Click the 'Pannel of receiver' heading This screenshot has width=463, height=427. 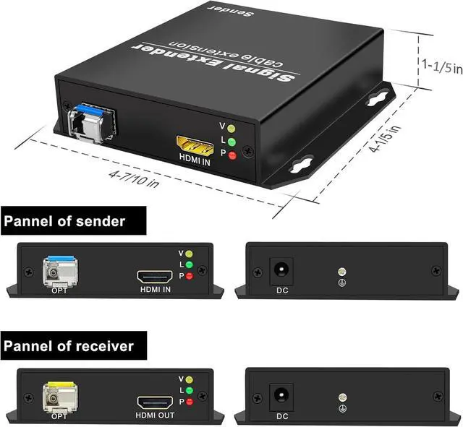tap(69, 346)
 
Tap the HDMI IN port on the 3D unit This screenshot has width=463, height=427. tap(195, 145)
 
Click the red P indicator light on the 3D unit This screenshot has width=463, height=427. tap(232, 155)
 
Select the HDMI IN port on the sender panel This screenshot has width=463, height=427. tap(154, 277)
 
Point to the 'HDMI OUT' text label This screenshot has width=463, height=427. tap(155, 415)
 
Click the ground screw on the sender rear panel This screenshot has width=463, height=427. tap(341, 273)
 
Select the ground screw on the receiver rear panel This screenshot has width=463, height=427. tap(341, 397)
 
